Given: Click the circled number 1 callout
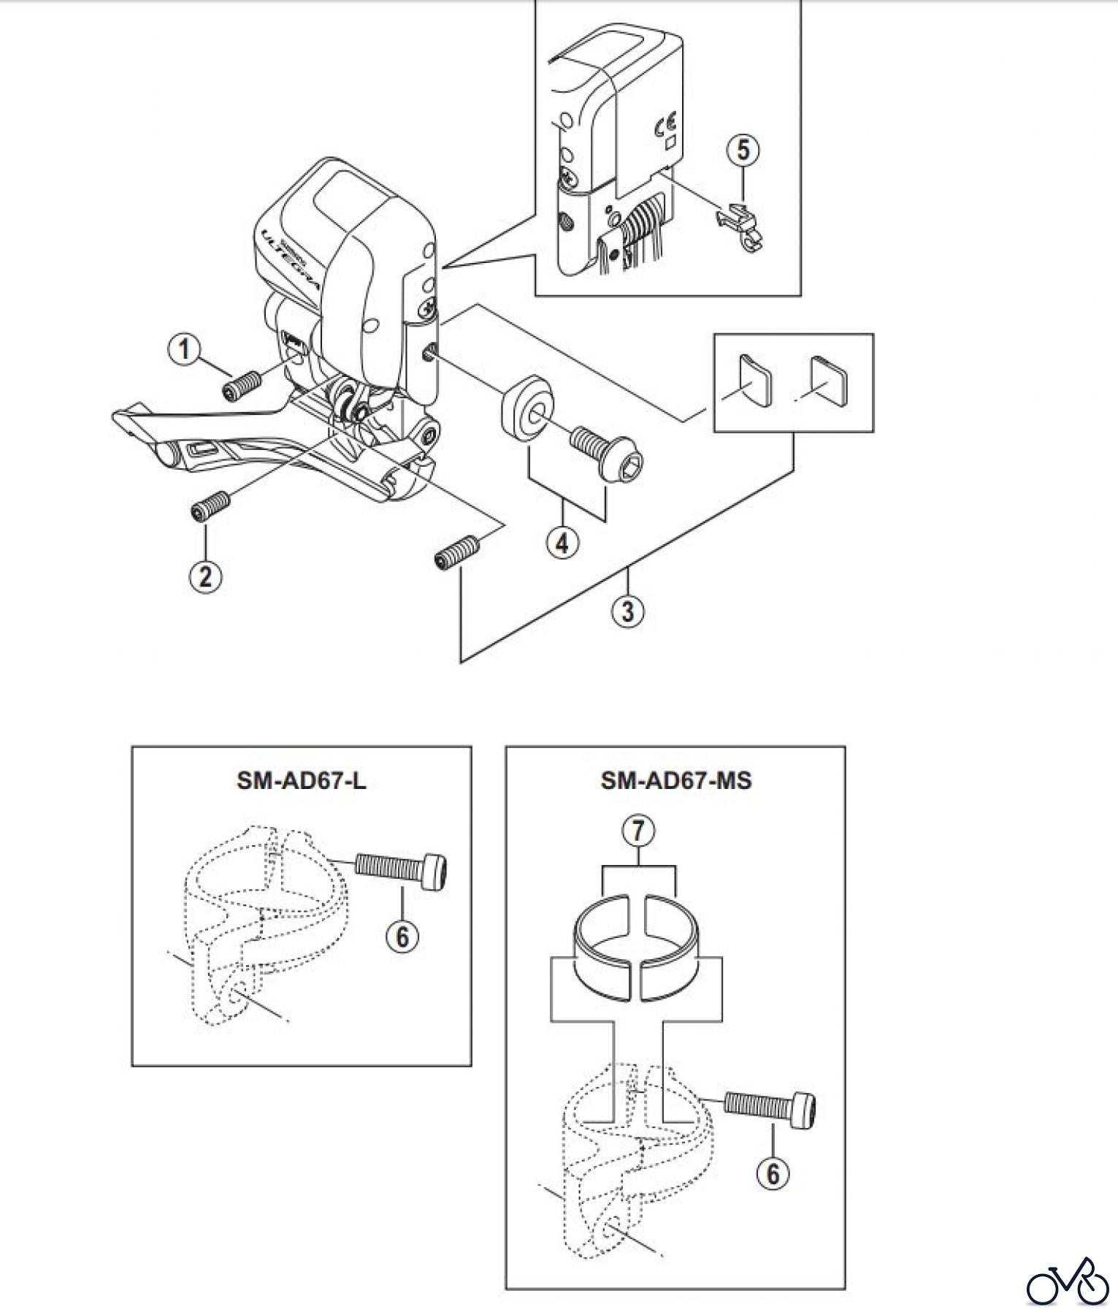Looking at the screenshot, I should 184,349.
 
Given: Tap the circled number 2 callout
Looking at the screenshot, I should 205,576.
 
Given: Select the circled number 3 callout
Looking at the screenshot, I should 628,610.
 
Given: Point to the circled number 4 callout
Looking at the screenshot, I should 562,542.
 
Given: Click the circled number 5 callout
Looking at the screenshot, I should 743,150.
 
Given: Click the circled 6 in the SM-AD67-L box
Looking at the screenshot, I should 402,936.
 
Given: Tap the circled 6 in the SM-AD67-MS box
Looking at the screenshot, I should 773,1173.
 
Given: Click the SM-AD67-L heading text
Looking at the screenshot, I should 301,781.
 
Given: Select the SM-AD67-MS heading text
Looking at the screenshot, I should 675,781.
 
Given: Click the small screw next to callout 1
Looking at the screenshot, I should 242,385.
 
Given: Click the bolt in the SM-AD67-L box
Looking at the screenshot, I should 402,870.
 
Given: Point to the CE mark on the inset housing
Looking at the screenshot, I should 666,125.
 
